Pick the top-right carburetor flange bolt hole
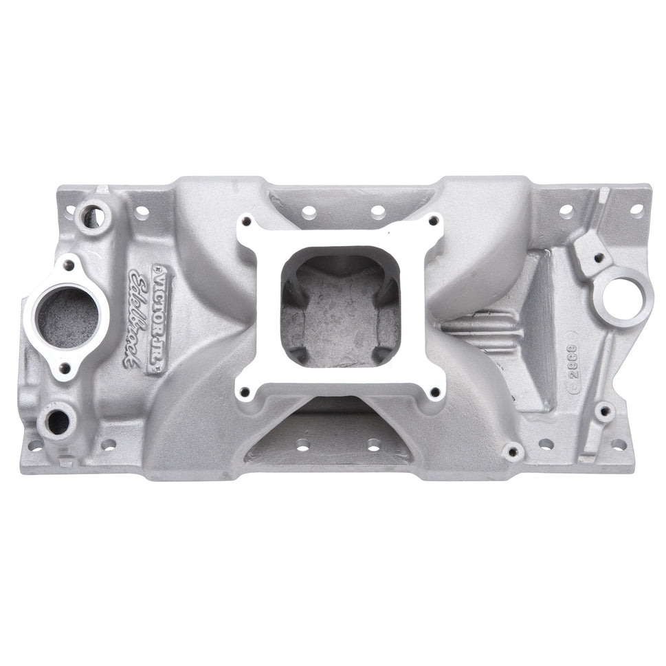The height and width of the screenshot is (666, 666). click(432, 221)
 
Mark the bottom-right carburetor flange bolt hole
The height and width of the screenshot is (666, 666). click(433, 392)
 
